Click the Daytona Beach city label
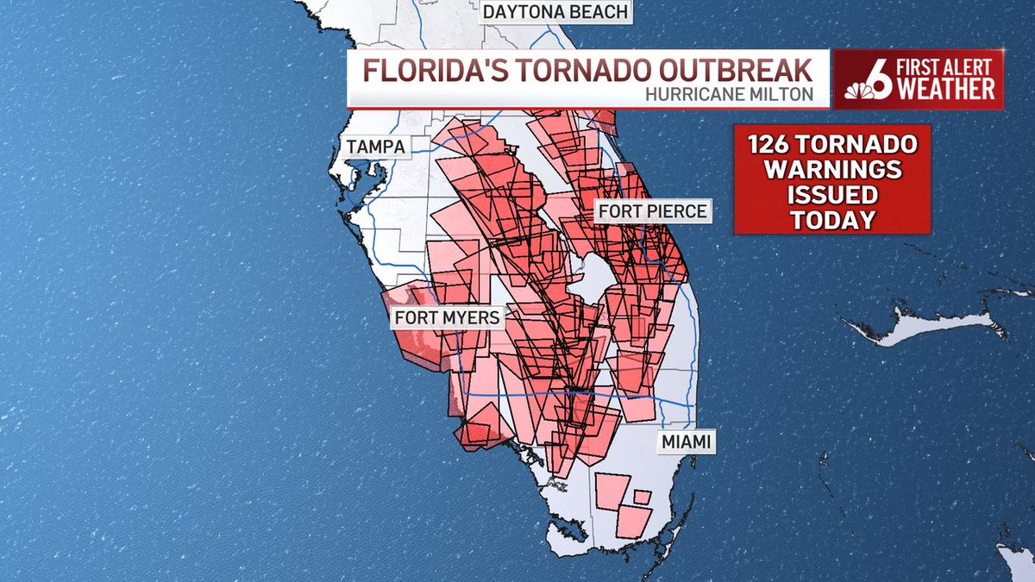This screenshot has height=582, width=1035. click(555, 12)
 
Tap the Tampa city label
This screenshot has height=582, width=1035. click(376, 147)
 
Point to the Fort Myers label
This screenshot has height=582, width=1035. click(447, 317)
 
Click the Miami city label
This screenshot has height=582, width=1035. click(686, 442)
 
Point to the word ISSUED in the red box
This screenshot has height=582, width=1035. click(832, 194)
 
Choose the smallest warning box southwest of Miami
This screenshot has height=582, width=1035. click(642, 497)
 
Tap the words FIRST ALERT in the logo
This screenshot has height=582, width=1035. click(950, 66)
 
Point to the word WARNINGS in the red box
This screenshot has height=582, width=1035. click(832, 168)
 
